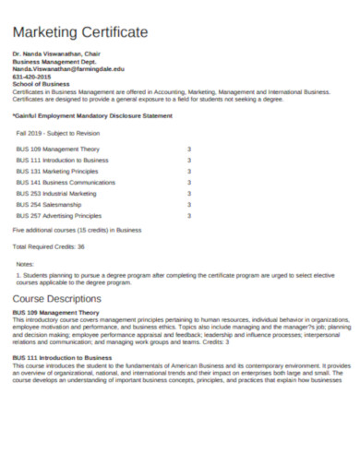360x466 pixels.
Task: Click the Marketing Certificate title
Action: pyautogui.click(x=79, y=31)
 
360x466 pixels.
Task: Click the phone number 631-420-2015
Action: pyautogui.click(x=29, y=78)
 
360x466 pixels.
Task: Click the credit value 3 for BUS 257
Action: pyautogui.click(x=189, y=216)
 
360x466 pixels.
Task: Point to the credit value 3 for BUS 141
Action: pyautogui.click(x=189, y=182)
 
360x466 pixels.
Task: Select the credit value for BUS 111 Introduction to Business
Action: pyautogui.click(x=189, y=160)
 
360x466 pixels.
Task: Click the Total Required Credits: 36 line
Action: pyautogui.click(x=48, y=246)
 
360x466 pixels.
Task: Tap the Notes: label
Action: pyautogui.click(x=25, y=265)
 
